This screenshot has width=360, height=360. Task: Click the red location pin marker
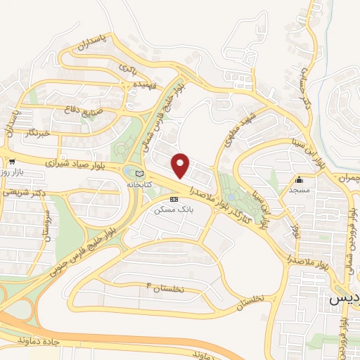pos(181,165)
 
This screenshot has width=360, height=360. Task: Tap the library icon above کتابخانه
pos(139,173)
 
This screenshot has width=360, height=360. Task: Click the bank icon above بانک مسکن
pos(174,199)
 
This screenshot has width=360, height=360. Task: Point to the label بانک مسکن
pos(174,209)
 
